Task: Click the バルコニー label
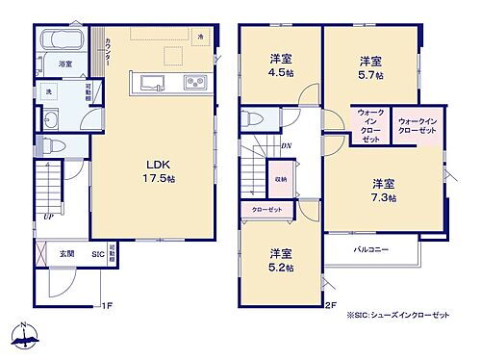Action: [369, 248]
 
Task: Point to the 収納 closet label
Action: [280, 180]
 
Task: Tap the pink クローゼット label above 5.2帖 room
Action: [268, 211]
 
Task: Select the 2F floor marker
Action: [329, 306]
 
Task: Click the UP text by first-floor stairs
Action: [48, 219]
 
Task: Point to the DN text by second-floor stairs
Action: [287, 146]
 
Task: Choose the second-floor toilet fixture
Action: [251, 117]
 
